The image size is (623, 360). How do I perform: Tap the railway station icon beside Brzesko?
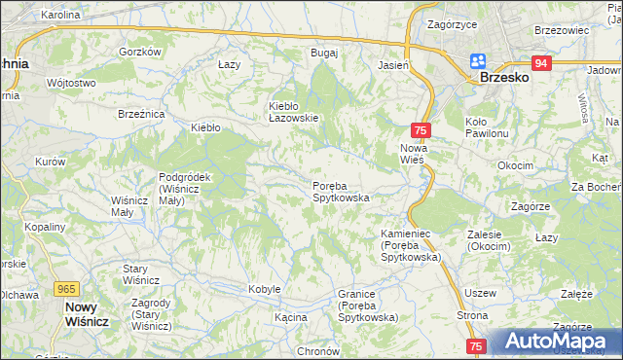[x=477, y=60]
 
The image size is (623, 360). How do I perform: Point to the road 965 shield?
[x=66, y=289]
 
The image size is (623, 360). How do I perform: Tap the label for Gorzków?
[x=139, y=52]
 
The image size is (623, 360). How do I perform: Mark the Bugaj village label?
[x=323, y=53]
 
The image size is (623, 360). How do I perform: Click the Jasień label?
[x=392, y=65]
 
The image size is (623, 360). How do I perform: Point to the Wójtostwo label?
[x=71, y=84]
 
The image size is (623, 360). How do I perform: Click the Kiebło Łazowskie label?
[x=294, y=112]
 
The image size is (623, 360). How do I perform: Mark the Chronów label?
[x=317, y=351]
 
